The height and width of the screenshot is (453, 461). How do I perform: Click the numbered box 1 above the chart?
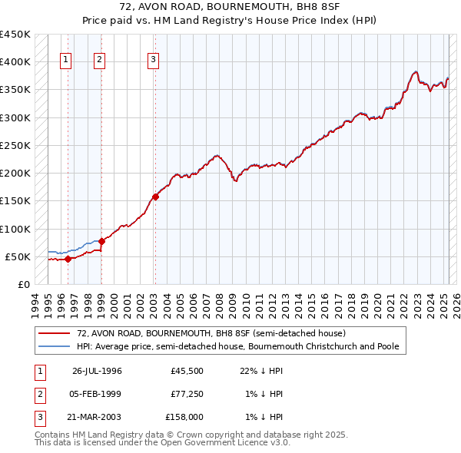pyautogui.click(x=65, y=61)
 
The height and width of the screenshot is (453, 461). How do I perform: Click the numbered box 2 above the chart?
pyautogui.click(x=100, y=61)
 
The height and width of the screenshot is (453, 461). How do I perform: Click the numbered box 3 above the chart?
pyautogui.click(x=153, y=61)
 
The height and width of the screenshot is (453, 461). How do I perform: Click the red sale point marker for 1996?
pyautogui.click(x=68, y=259)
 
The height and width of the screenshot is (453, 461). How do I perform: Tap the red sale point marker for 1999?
pyautogui.click(x=101, y=241)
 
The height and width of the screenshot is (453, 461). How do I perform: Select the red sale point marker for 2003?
pyautogui.click(x=155, y=197)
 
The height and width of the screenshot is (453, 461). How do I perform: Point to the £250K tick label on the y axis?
pyautogui.click(x=15, y=145)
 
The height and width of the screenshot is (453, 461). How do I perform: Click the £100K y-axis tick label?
pyautogui.click(x=15, y=229)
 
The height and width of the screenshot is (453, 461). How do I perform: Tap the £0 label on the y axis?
pyautogui.click(x=23, y=284)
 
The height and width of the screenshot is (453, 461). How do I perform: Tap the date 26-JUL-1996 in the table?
pyautogui.click(x=97, y=372)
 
